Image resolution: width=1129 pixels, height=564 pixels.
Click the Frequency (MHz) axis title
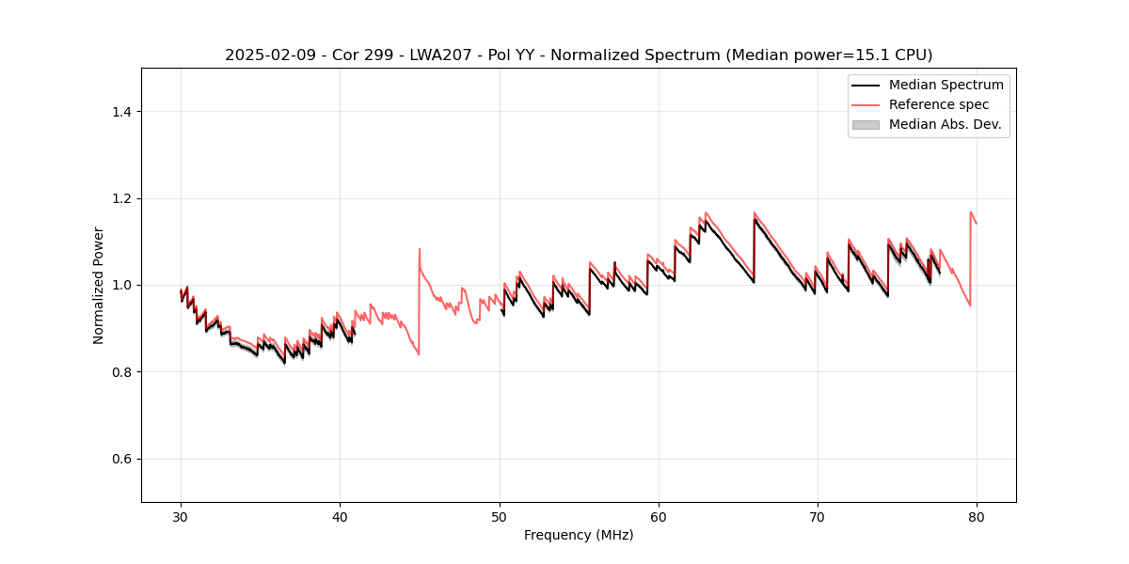tap(579, 535)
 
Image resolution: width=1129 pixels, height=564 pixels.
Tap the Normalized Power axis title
tap(99, 285)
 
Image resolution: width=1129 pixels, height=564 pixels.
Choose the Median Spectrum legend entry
tap(946, 85)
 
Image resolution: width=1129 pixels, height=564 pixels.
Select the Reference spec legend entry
tap(938, 104)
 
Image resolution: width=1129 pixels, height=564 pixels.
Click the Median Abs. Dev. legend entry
tap(945, 124)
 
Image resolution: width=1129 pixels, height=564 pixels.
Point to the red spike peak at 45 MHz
tap(420, 249)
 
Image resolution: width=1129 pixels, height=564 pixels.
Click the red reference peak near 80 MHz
tap(971, 212)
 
